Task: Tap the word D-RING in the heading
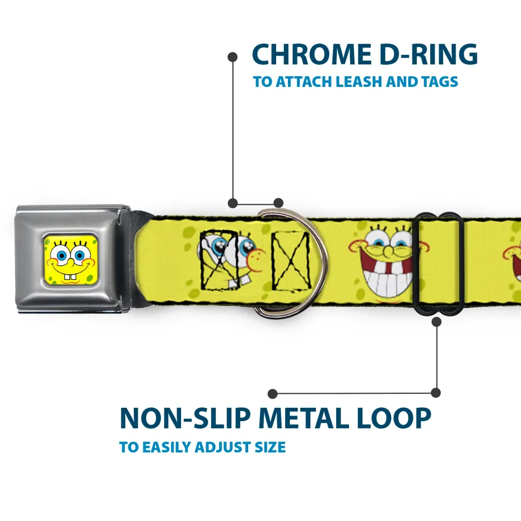click(x=424, y=55)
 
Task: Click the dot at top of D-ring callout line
click(x=233, y=56)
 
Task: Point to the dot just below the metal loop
click(x=436, y=322)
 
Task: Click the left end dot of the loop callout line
click(x=273, y=394)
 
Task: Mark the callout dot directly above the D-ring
click(x=278, y=203)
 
